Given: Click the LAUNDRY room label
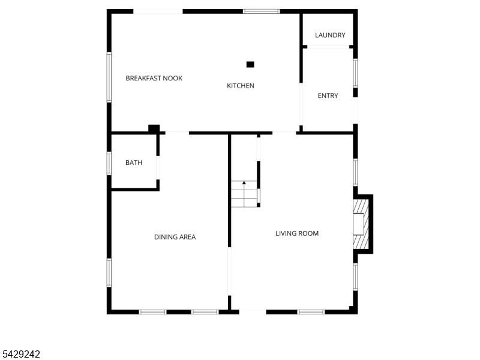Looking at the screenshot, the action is (330, 35).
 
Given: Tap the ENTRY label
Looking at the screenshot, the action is (328, 96).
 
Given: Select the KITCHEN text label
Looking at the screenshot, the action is (241, 86).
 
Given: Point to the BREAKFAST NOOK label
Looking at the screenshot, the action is (154, 78).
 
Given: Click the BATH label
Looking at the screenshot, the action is (134, 163).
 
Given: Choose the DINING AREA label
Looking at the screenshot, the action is (175, 237).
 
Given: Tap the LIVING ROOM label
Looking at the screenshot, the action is (297, 233).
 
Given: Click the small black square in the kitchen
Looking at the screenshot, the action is (250, 64).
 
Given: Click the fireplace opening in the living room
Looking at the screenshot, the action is (358, 224).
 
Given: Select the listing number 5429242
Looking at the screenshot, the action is (20, 354).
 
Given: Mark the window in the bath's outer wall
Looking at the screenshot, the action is (109, 163).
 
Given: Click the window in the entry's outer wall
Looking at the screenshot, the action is (355, 73).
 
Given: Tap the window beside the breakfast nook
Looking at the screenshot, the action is (109, 77).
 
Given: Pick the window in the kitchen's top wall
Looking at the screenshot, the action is (262, 11).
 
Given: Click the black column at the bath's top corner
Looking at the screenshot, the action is (154, 128).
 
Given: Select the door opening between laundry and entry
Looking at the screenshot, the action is (328, 47).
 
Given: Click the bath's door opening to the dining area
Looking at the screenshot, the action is (158, 168).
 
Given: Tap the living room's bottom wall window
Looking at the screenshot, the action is (311, 312).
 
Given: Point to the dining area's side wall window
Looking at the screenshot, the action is (109, 273).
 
